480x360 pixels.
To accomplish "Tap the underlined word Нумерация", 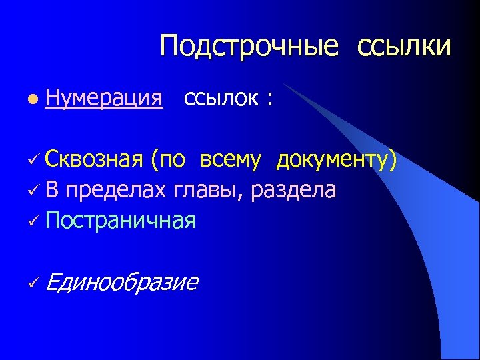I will coord(105,99).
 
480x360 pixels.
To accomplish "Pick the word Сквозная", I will coord(95,160).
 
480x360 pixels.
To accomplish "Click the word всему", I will coord(230,161).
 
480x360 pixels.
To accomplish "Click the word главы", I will coord(210,191).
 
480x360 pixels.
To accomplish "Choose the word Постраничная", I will coord(121,220).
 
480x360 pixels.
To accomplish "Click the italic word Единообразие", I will coord(122,282).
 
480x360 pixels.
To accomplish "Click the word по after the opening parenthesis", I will coord(172,161).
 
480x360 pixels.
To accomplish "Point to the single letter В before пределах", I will coord(53,190).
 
